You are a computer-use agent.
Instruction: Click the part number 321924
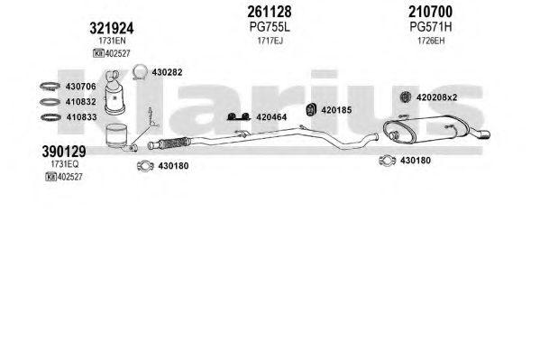point(112,28)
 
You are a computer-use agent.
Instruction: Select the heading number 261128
point(270,12)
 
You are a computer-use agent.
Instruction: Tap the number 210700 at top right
point(431,12)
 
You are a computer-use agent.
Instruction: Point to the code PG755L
point(270,27)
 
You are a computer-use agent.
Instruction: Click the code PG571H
point(431,27)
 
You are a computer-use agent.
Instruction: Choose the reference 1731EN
point(113,41)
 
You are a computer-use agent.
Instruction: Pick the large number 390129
point(64,152)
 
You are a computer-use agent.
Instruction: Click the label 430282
point(167,72)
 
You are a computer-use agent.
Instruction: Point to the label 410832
point(81,102)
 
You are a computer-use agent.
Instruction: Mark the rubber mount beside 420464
point(238,117)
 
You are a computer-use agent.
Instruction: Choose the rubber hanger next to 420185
point(311,110)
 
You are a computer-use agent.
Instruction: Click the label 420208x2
point(436,97)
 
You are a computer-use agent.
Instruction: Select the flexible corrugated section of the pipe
point(175,143)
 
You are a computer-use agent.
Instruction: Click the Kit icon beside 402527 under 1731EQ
point(50,177)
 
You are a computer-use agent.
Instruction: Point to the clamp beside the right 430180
point(387,161)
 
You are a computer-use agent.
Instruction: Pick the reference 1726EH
point(431,41)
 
